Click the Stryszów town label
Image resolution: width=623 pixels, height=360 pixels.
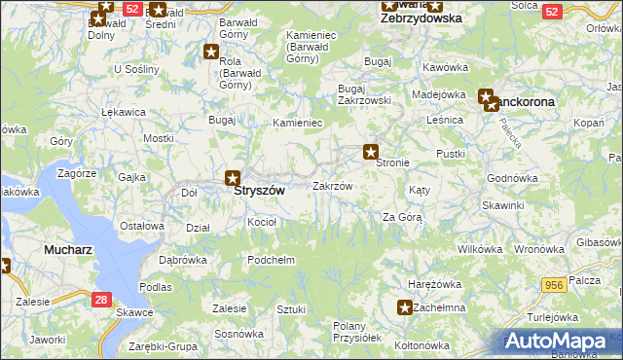pos(259,192)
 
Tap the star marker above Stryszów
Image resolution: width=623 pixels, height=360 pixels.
pos(233,178)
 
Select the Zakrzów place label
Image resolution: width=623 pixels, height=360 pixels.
pos(332,185)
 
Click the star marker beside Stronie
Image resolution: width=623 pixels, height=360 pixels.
pos(371,151)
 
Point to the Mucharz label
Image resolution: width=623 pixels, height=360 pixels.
pos(68,250)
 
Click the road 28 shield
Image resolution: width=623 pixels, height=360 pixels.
pos(101,301)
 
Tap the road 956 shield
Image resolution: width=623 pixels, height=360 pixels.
pos(555,283)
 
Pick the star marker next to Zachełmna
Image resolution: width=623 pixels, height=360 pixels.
pos(405,307)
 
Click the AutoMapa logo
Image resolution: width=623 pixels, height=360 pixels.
pos(561,341)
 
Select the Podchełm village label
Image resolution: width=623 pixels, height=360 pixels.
pos(272,260)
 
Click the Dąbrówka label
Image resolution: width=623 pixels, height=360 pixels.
pos(182,260)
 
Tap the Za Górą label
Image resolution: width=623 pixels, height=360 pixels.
pos(401,217)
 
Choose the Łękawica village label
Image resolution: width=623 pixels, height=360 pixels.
pos(124,112)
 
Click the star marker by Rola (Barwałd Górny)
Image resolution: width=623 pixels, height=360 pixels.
pos(211,52)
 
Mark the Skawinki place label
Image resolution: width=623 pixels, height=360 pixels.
pos(502,205)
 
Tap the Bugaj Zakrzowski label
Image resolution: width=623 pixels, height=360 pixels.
pos(364,93)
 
